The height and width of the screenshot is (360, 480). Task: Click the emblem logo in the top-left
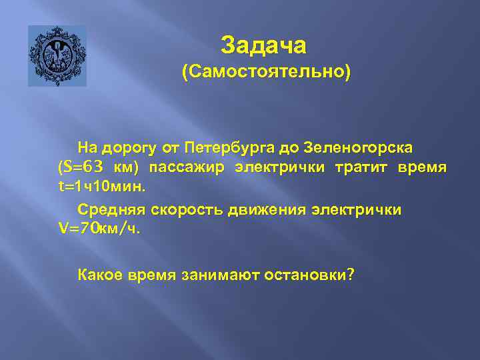pyautogui.click(x=57, y=56)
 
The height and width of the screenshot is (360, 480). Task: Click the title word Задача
pyautogui.click(x=264, y=45)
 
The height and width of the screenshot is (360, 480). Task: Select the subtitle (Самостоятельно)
pyautogui.click(x=265, y=72)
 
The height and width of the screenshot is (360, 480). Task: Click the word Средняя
pyautogui.click(x=111, y=210)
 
